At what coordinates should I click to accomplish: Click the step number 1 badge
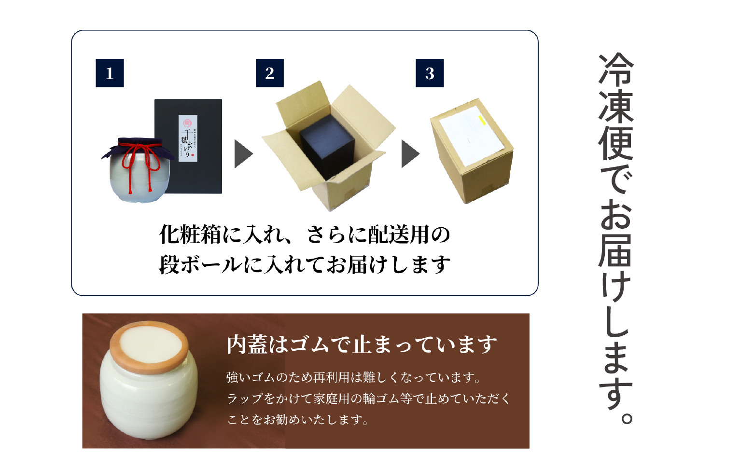tap(110, 73)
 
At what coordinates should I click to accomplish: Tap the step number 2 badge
tap(269, 73)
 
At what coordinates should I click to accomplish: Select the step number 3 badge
tap(430, 73)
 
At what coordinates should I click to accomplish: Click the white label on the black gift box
tap(188, 138)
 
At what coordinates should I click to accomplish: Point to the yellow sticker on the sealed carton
tap(481, 120)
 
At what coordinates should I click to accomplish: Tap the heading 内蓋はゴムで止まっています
tap(362, 344)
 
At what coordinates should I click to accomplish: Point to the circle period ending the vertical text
tap(626, 417)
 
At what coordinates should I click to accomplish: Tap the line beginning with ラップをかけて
tap(368, 399)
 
